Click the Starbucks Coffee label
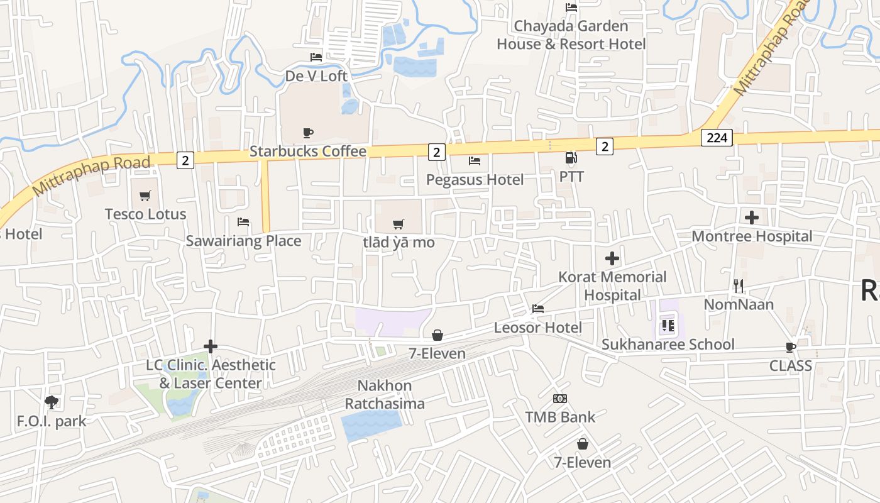click(x=308, y=152)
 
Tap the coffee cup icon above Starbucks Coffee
click(x=308, y=133)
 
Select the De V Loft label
click(x=316, y=76)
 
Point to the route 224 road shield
click(x=717, y=138)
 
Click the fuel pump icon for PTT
click(x=571, y=158)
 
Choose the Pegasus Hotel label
click(x=475, y=180)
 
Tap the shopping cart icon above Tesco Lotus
click(x=145, y=196)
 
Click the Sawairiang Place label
click(x=243, y=241)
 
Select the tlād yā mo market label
click(x=399, y=243)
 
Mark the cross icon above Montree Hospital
click(x=752, y=218)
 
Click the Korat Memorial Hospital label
click(x=612, y=286)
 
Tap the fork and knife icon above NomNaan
click(x=739, y=286)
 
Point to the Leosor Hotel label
click(x=537, y=328)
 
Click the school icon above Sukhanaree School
click(x=668, y=326)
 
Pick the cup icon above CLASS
click(x=791, y=347)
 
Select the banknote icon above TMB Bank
click(x=560, y=399)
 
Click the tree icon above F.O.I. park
click(x=52, y=402)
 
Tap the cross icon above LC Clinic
click(x=211, y=346)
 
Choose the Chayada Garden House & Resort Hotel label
click(x=571, y=35)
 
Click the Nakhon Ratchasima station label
click(x=385, y=395)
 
